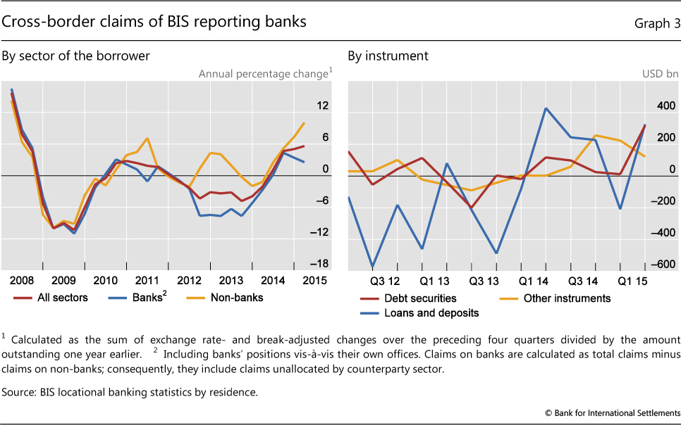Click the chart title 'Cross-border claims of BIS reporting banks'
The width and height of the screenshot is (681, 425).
click(x=154, y=22)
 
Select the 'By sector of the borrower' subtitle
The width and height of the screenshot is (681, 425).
click(x=76, y=56)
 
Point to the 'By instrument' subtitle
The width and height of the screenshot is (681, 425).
click(x=388, y=56)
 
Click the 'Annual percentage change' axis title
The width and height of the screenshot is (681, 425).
click(x=263, y=73)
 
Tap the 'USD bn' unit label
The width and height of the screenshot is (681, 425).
click(x=658, y=73)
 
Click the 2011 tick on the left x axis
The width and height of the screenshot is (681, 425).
click(x=147, y=280)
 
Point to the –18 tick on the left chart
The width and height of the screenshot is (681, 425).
click(x=321, y=265)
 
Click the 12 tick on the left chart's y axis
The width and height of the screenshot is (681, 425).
click(x=323, y=106)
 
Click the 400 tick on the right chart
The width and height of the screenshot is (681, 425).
click(x=666, y=106)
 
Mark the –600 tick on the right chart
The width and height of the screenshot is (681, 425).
click(x=663, y=265)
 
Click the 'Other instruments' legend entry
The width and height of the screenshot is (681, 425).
click(x=567, y=298)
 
